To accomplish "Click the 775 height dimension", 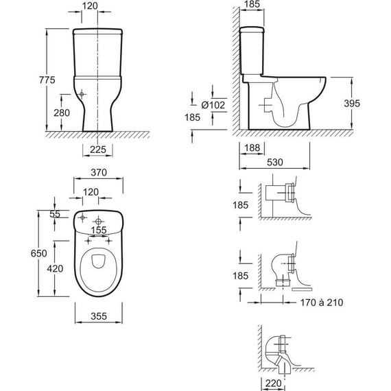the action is pos(47,80).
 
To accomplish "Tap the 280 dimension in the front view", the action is pos(62,113).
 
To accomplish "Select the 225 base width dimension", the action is pos(97,150).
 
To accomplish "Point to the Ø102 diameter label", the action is pos(213,105).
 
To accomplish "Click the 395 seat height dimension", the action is pos(352,104).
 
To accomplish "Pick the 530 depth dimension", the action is pos(275,163).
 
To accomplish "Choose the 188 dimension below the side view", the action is pos(252,147).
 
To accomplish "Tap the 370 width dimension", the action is pos(99,172).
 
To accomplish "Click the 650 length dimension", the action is pos(38,253).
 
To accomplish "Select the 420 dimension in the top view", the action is pos(55,269).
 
